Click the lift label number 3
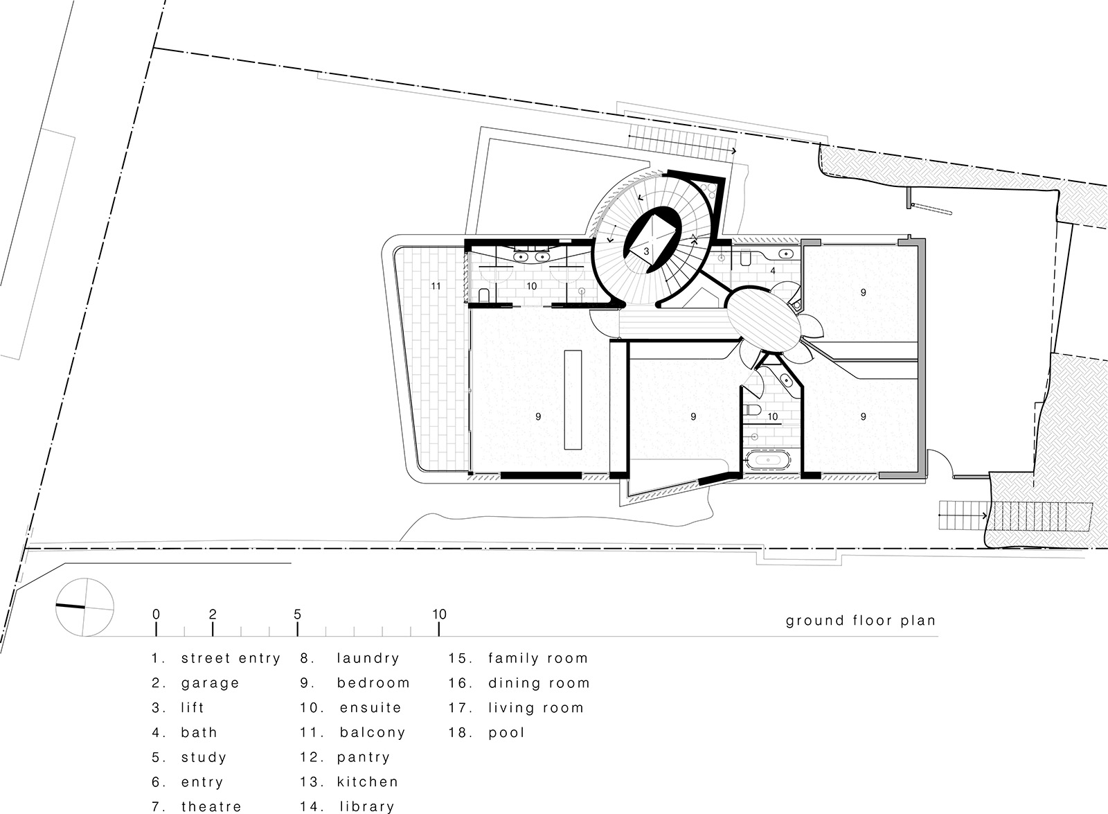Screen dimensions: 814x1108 pos(646,251)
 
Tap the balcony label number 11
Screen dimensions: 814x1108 pos(436,285)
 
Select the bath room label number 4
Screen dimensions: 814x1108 pos(774,271)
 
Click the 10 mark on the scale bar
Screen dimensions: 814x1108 pos(439,614)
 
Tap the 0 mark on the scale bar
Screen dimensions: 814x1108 pos(156,614)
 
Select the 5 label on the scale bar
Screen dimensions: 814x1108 pos(297,614)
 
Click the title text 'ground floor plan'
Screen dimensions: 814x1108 pos(860,621)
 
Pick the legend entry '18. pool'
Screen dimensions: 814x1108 pos(487,732)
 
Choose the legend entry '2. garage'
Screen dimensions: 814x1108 pos(196,683)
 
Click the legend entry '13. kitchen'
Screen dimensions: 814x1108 pos(350,782)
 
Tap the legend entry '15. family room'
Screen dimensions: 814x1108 pos(518,658)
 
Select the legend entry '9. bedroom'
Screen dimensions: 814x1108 pos(355,683)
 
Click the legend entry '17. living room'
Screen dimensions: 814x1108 pos(516,708)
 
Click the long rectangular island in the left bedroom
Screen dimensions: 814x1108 pos(572,400)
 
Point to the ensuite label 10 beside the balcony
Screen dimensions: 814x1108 pos(531,285)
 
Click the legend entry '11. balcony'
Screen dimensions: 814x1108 pos(353,732)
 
